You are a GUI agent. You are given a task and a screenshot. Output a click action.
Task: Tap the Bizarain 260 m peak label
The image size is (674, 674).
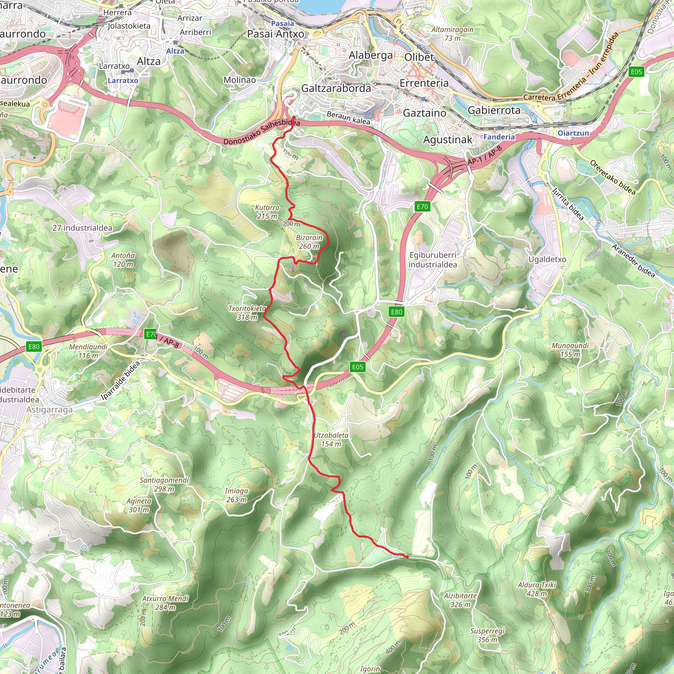coord(309,242)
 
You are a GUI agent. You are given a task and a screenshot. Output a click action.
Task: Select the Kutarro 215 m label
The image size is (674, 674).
coord(267,212)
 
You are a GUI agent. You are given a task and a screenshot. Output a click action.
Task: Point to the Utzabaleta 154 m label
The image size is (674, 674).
coord(331,440)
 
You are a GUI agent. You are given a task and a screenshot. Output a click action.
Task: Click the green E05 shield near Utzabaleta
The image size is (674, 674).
coord(358,367)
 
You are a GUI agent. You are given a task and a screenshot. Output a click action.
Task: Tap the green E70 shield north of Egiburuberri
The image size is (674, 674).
coord(422,207)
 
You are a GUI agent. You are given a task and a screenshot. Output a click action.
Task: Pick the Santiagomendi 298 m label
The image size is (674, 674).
coord(164,484)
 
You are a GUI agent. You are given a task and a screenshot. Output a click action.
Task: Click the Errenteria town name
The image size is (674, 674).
coord(424,83)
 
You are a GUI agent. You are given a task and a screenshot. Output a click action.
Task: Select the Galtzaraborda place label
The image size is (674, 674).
coord(336,88)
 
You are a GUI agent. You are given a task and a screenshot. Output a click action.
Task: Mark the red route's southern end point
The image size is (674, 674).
coord(407,557)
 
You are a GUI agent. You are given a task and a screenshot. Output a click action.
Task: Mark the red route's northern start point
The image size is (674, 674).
coord(294,117)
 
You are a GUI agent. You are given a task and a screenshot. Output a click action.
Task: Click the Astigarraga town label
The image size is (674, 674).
coord(50,409)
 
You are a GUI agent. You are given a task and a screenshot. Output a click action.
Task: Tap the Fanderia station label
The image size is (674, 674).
coord(499,137)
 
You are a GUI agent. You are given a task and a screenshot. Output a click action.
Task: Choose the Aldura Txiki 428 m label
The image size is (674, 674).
coord(537,589)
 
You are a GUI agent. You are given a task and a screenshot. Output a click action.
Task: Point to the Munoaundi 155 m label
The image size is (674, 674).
coord(570,350)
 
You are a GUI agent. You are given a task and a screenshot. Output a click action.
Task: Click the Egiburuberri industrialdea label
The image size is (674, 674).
coord(432,260)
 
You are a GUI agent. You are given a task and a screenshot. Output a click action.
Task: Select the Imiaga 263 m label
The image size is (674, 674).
coord(236,495)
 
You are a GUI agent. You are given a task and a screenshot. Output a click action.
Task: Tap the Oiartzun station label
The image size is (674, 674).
coord(573,133)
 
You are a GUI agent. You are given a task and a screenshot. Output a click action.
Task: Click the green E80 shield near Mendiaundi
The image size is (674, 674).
coord(34,347)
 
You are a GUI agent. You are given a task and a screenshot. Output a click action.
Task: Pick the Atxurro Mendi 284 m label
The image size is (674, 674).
coord(165,603)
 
